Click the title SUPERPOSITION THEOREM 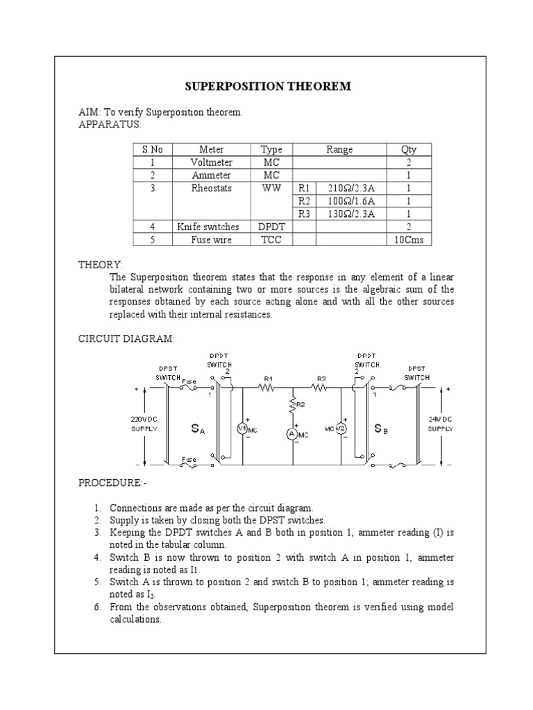click(267, 87)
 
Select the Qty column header click(409, 149)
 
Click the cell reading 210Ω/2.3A click(350, 188)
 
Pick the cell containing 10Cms click(409, 240)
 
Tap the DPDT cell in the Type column click(271, 227)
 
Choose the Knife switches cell click(208, 227)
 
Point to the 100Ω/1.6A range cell click(350, 201)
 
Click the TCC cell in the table click(271, 240)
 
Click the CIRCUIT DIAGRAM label click(126, 338)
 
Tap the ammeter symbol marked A click(292, 433)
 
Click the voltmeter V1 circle click(243, 429)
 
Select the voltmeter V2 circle click(341, 429)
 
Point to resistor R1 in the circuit click(267, 389)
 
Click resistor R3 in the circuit click(321, 389)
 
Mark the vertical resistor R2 click(292, 406)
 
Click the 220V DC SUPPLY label click(144, 424)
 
